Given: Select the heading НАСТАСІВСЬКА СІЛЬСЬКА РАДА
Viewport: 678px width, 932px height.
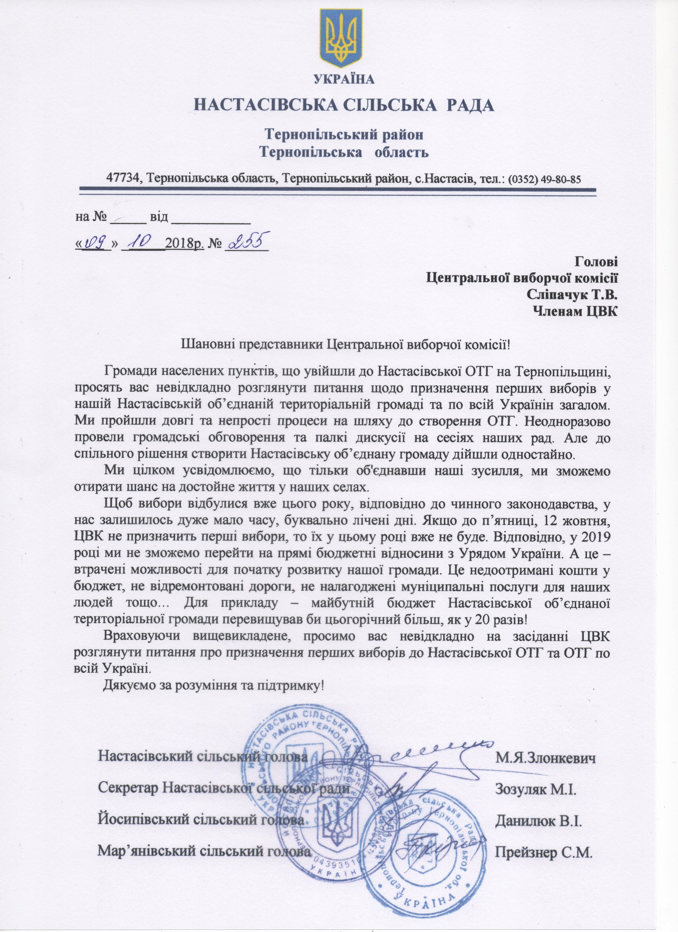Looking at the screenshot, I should point(344,105).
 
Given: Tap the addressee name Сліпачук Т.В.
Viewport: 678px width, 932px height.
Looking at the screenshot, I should point(572,295).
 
